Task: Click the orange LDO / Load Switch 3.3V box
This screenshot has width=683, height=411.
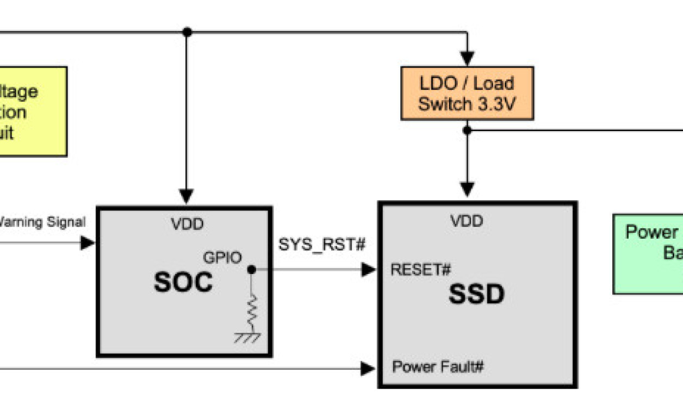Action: tap(467, 93)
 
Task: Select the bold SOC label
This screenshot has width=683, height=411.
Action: tap(183, 283)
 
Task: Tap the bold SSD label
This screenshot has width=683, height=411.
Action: tap(476, 295)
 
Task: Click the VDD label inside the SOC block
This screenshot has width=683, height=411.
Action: tap(187, 223)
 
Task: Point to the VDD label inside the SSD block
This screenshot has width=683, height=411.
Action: tap(467, 221)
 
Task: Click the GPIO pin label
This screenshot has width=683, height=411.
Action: tap(222, 257)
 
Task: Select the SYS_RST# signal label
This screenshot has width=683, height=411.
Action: tap(321, 245)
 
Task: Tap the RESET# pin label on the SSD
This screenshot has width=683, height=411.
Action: tap(421, 269)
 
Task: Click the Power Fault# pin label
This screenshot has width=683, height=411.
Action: tap(438, 367)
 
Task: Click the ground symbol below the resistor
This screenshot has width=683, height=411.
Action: tap(247, 337)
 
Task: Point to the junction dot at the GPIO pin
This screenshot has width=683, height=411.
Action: tap(251, 269)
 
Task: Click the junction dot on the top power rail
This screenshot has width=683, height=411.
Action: tap(187, 32)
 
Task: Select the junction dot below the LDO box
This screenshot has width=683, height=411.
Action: tap(467, 130)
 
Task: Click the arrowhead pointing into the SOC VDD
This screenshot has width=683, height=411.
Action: tap(187, 196)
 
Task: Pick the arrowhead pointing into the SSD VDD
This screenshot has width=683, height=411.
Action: tap(467, 190)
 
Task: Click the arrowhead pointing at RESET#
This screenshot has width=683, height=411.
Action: tap(369, 269)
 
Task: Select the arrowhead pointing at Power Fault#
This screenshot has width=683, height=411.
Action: tap(368, 369)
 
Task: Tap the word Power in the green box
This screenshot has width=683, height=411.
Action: tap(651, 232)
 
